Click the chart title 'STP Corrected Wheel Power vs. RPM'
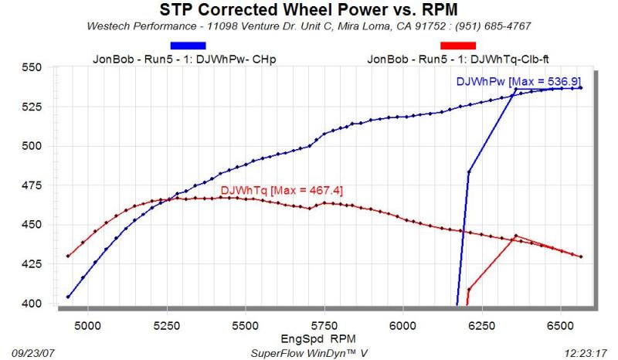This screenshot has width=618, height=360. tap(308, 10)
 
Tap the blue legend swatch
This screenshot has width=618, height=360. tap(187, 45)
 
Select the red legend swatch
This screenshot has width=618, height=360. tap(457, 45)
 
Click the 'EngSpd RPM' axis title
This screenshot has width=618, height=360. tap(308, 339)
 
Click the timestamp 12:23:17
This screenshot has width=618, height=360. tap(589, 352)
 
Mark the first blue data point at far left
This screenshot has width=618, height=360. tap(68, 297)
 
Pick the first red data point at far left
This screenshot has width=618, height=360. tap(68, 256)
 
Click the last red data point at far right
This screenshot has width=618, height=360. tap(581, 256)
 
